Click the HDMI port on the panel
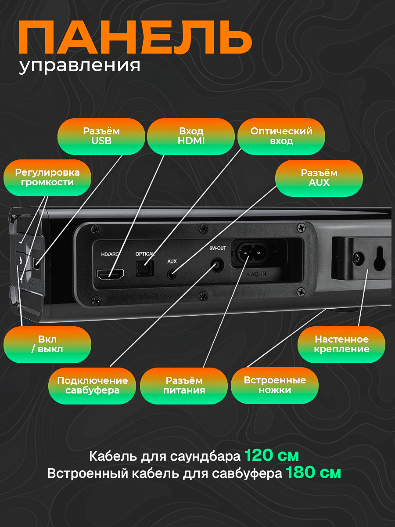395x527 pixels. click(110, 275)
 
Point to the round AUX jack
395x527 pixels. click(172, 275)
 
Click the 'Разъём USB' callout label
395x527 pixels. click(101, 136)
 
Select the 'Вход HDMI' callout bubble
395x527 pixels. click(191, 136)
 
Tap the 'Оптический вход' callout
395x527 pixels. click(281, 136)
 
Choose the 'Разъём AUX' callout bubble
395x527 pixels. click(319, 178)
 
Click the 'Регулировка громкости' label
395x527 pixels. click(47, 177)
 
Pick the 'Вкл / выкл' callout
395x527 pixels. click(47, 344)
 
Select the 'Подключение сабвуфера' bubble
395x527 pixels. click(92, 386)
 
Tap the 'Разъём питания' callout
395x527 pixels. click(184, 386)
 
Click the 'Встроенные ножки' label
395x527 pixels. click(275, 385)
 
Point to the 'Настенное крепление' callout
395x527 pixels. click(341, 344)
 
